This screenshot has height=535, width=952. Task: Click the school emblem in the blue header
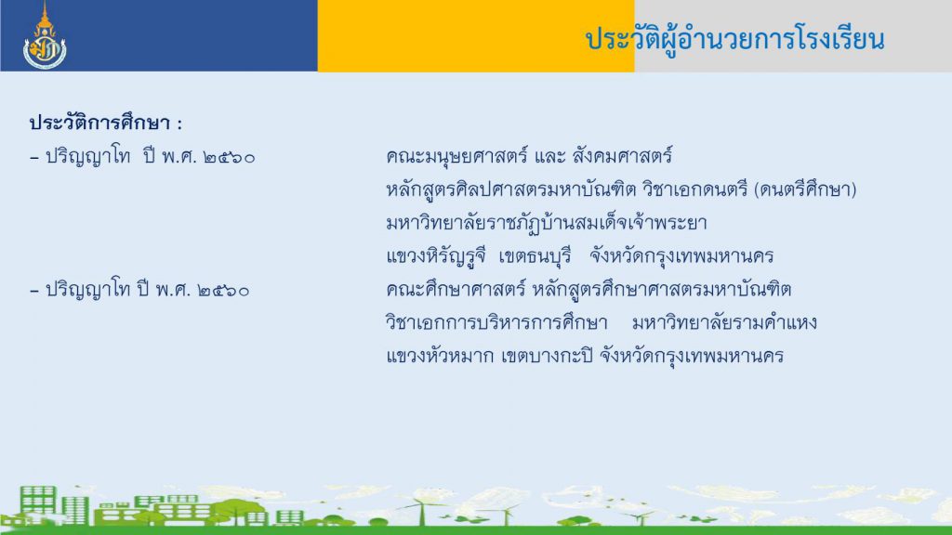coord(45,36)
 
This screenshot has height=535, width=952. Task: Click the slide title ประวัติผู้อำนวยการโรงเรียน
coord(734,40)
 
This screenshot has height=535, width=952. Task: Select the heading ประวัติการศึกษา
coord(100,124)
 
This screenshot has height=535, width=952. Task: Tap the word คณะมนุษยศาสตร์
coord(457,157)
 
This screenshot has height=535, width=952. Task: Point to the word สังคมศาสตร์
coord(622,156)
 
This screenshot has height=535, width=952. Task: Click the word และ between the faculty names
coord(550,157)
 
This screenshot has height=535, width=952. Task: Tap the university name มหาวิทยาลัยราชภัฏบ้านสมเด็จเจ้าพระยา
coord(547,223)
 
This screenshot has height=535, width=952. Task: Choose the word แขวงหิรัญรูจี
coord(436,256)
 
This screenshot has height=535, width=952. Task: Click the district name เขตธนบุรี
coord(535,256)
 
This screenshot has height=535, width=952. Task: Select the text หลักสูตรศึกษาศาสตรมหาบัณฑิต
coord(662,290)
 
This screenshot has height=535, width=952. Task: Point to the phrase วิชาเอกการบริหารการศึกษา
coord(496,322)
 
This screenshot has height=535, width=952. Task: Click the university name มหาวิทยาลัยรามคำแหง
coord(724,322)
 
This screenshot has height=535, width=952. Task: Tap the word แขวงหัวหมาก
coord(440,356)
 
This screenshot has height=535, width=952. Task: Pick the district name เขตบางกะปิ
coord(547,356)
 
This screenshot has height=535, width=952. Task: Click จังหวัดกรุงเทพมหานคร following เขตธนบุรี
coord(681,256)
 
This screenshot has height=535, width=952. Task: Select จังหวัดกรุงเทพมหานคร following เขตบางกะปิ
coord(692,356)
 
